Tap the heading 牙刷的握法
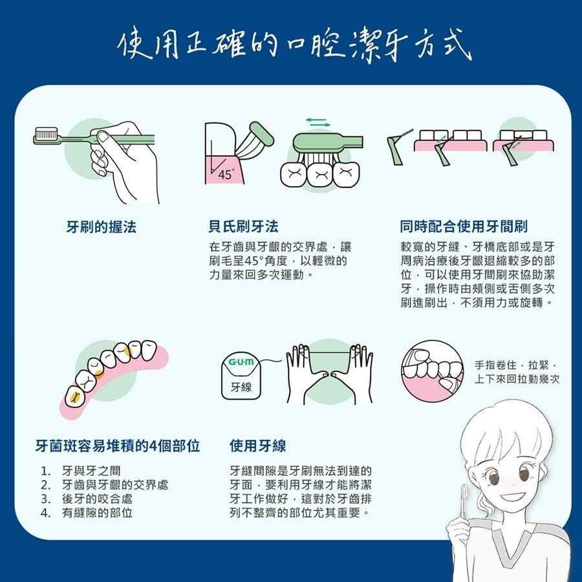click(102, 227)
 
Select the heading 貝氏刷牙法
click(243, 227)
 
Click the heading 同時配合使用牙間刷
click(464, 227)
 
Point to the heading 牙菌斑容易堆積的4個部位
click(117, 446)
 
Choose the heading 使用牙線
click(257, 446)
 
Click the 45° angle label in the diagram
click(225, 175)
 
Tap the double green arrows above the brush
click(318, 121)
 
